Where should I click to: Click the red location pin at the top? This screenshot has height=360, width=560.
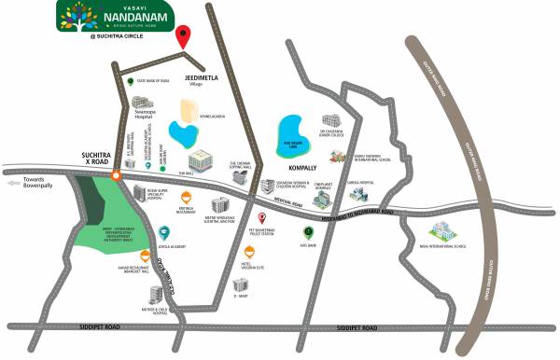pyautogui.click(x=184, y=36)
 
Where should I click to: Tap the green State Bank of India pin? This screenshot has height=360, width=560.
pyautogui.click(x=131, y=83)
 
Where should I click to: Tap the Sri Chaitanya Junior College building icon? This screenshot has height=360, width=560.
pyautogui.click(x=331, y=122)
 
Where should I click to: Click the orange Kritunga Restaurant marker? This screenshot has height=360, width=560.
pyautogui.click(x=187, y=197)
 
